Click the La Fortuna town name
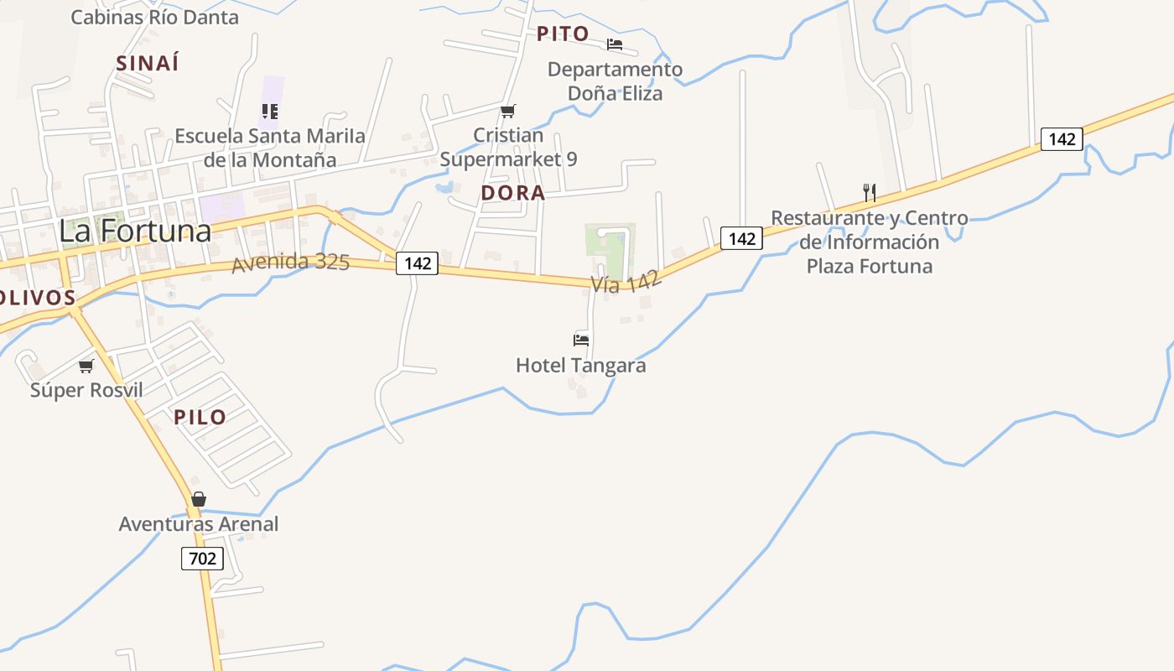[x=134, y=231]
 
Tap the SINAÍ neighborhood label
[x=148, y=63]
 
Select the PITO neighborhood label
[x=563, y=34]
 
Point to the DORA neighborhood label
[x=512, y=193]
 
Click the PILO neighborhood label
[x=200, y=417]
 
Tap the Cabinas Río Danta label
[x=154, y=17]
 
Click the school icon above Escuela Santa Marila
[x=269, y=111]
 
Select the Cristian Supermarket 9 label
[x=508, y=147]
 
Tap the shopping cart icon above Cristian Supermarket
[x=507, y=111]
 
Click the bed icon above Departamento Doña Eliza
[x=615, y=44]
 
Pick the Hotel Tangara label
[x=580, y=366]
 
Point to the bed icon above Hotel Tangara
[x=580, y=340]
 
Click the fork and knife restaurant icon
[x=870, y=193]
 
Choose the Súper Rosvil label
[x=86, y=390]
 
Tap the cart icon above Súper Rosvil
[x=86, y=366]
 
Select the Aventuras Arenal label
[x=198, y=524]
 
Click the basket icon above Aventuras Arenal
[x=199, y=499]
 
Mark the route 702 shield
[x=202, y=558]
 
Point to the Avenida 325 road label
[x=290, y=263]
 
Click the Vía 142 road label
[x=626, y=281]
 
